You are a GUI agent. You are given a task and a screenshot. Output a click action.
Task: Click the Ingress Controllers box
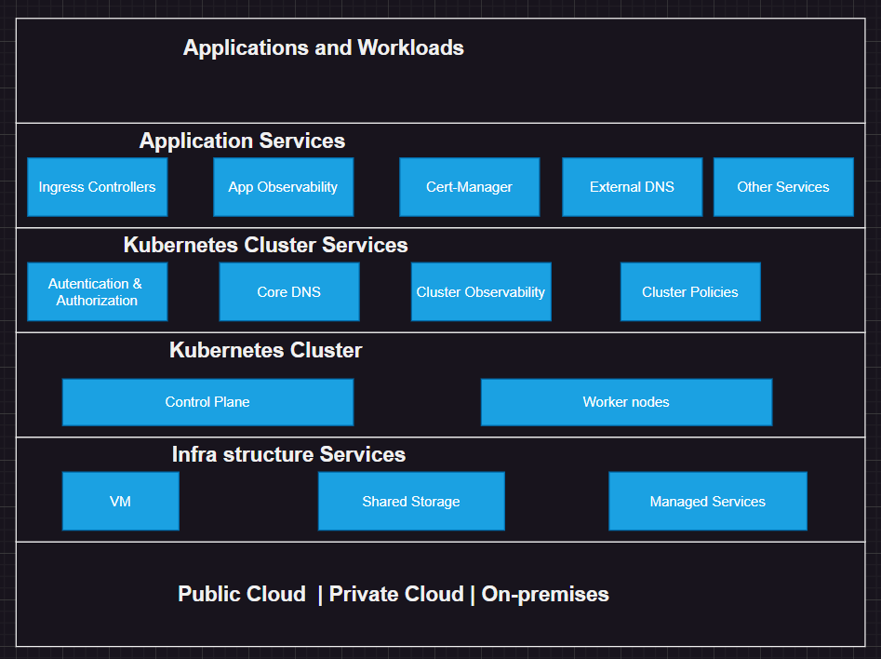(x=97, y=187)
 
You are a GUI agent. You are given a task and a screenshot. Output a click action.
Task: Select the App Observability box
(x=283, y=187)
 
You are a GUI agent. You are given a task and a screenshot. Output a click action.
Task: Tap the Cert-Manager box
(x=469, y=187)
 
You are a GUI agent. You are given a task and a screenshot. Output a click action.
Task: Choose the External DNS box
(x=632, y=187)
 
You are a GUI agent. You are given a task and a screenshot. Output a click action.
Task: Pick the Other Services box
(x=782, y=187)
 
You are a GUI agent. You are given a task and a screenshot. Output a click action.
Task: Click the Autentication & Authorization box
(x=97, y=291)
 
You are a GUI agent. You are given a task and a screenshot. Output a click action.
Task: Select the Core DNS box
(x=288, y=291)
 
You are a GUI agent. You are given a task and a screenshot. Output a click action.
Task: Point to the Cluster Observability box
(x=480, y=291)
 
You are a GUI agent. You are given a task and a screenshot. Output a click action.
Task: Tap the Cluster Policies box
(x=689, y=291)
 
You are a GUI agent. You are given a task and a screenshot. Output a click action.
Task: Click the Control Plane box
(x=207, y=402)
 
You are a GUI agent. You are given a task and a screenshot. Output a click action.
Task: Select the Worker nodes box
(x=626, y=402)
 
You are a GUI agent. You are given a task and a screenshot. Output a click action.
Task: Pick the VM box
(x=120, y=501)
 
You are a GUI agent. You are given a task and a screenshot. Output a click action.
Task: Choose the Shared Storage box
(x=410, y=501)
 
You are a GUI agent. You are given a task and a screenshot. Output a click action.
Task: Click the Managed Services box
(x=707, y=501)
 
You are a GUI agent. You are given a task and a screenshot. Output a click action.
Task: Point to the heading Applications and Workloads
(x=323, y=47)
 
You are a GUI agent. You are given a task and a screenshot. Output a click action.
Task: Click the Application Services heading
(x=242, y=141)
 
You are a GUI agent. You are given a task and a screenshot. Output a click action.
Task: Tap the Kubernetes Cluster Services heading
(x=265, y=246)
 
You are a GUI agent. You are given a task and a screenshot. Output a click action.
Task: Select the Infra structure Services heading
(x=288, y=455)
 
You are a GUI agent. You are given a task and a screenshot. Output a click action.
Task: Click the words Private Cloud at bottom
(x=396, y=594)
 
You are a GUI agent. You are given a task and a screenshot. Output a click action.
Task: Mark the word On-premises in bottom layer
(x=545, y=594)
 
